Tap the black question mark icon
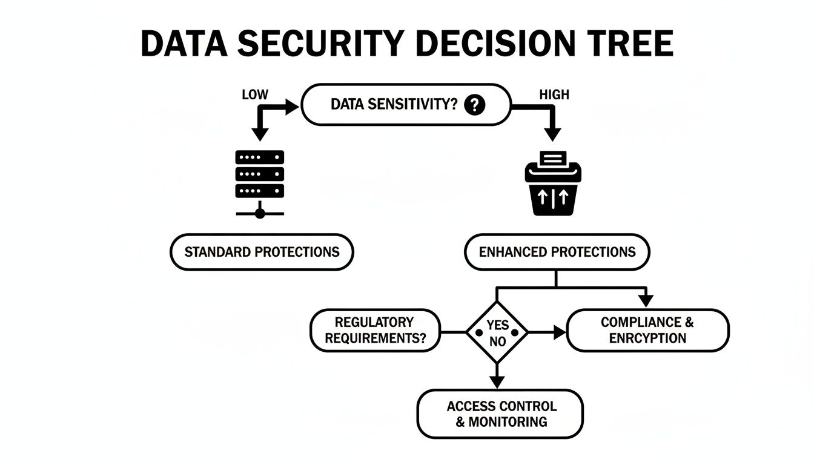[x=475, y=105]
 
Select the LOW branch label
[x=254, y=95]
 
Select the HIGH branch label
[x=554, y=95]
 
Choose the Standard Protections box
[x=262, y=252]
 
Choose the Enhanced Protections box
[x=557, y=252]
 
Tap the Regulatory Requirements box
[x=374, y=331]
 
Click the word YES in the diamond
[x=497, y=325]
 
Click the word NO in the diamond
[x=497, y=341]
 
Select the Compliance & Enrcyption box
[x=647, y=331]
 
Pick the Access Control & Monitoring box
[x=500, y=414]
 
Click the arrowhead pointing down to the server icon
[x=260, y=134]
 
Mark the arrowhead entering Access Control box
[x=497, y=382]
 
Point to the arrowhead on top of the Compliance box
[x=646, y=301]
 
